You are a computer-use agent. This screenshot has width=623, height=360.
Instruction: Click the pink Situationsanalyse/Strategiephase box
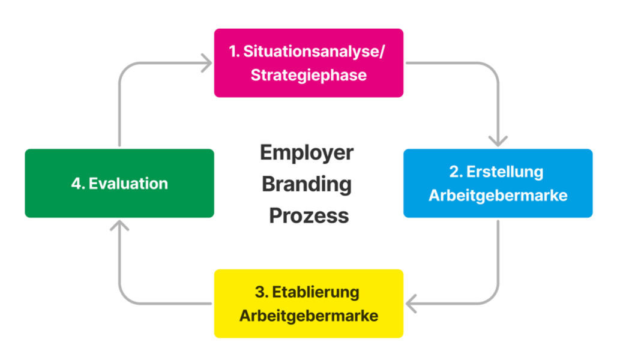[308, 63]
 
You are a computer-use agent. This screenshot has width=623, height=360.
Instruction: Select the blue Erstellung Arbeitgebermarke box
[498, 183]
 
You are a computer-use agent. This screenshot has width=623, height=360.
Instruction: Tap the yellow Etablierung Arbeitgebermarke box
[308, 304]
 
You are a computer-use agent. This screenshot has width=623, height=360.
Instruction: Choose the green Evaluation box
[119, 183]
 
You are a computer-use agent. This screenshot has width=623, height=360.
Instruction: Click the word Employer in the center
[307, 153]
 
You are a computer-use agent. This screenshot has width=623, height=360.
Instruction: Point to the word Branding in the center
[307, 184]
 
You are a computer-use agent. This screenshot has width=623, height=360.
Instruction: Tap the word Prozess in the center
[308, 215]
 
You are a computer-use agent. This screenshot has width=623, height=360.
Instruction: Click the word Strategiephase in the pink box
[308, 76]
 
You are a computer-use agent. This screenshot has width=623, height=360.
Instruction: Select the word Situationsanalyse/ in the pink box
[315, 51]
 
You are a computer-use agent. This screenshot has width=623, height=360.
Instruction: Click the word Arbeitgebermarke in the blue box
[498, 196]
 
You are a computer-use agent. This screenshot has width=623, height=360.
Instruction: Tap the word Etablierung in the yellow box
[316, 292]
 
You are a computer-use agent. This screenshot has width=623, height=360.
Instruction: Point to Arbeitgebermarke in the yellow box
[308, 316]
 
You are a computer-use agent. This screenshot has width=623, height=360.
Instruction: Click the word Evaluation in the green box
[128, 183]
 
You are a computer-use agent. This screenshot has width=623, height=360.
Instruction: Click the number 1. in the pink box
[234, 51]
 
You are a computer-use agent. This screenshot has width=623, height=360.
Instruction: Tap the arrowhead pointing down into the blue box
[498, 142]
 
